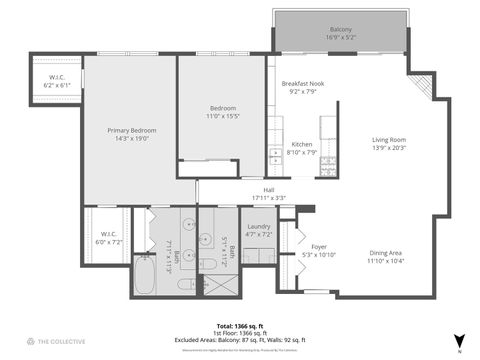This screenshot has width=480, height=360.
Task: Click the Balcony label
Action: coord(339,34)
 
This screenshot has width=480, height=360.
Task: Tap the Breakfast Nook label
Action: coord(301,88)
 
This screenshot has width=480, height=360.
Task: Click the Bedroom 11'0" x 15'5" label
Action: coord(222,112)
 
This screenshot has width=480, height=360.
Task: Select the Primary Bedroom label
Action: coord(130,134)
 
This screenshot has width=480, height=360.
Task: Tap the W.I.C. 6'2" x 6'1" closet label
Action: coord(56,81)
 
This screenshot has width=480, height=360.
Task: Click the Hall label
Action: coord(268,193)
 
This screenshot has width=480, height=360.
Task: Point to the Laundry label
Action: coord(258,229)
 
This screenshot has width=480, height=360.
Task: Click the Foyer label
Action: coord(318,250)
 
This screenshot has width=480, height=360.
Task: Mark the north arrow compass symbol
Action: coord(459,341)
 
